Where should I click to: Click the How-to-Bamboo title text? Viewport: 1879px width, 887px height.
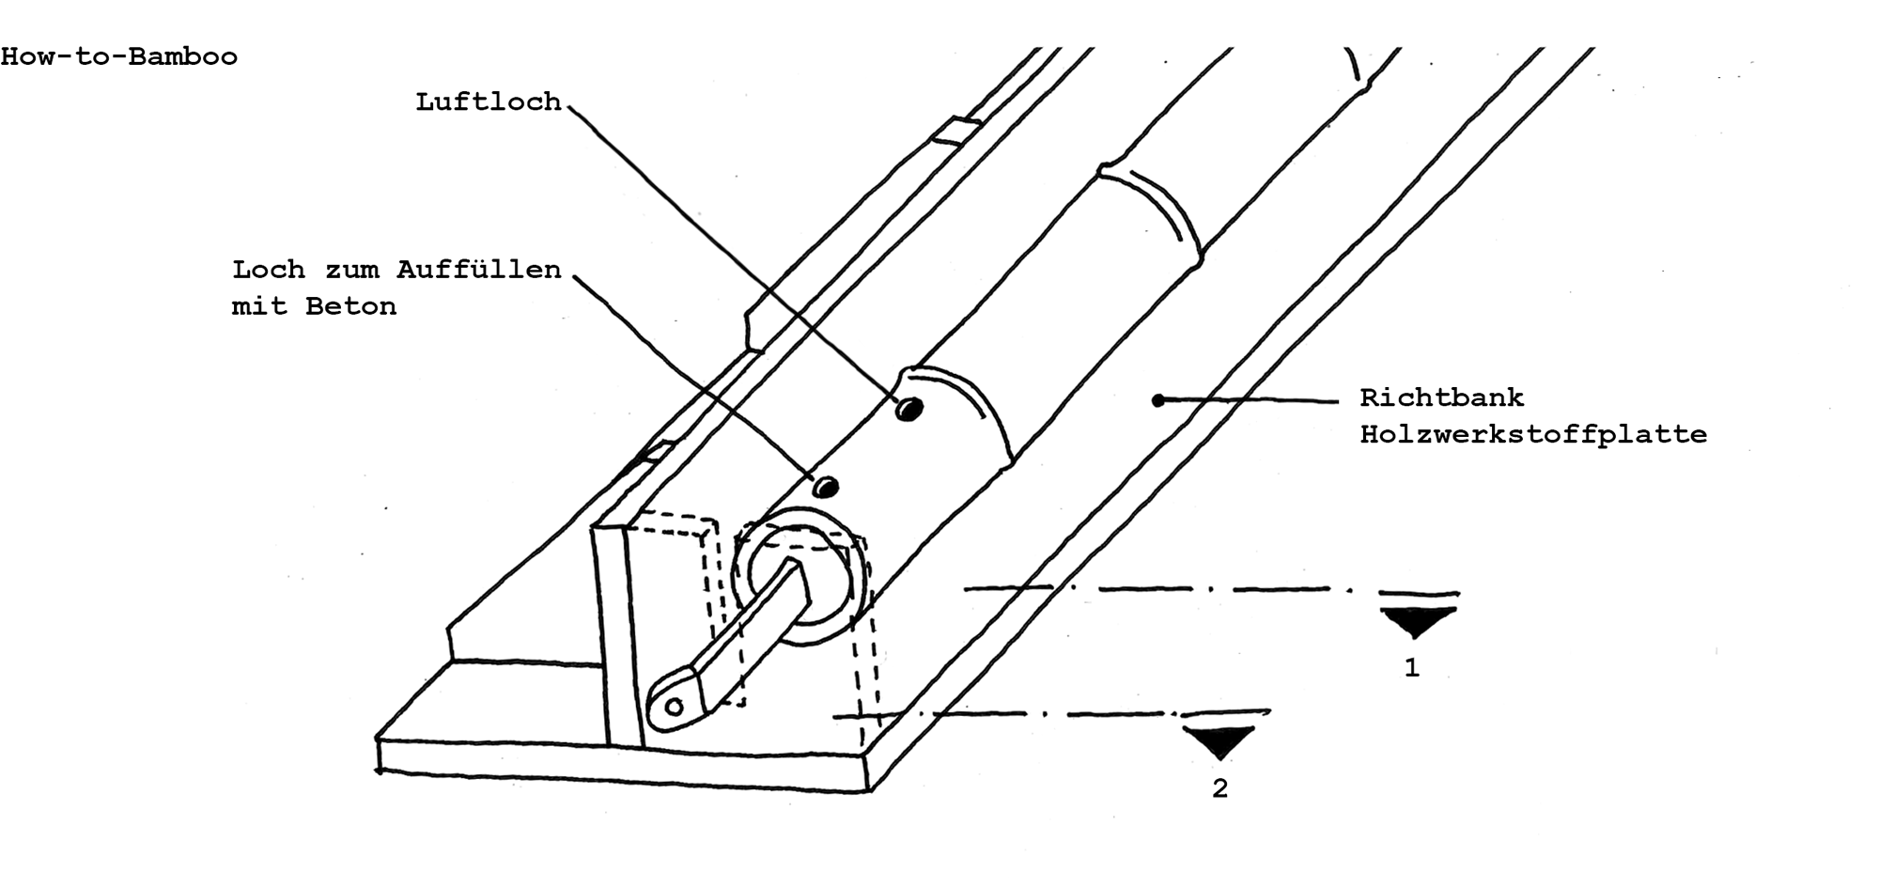coord(118,57)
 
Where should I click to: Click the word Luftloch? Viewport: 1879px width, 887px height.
coord(489,101)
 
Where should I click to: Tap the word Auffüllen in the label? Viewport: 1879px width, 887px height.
coord(479,270)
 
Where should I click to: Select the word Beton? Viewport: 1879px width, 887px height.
coord(350,306)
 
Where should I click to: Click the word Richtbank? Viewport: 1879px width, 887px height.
coord(1442,397)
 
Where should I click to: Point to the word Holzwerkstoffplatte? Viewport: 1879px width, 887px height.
coord(1533,435)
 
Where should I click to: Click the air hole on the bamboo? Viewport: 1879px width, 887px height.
coord(908,409)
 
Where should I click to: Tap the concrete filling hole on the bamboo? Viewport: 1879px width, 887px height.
coord(825,487)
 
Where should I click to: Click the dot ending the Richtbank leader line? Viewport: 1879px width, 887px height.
coord(1158,400)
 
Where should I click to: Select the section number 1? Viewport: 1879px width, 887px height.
coord(1411,668)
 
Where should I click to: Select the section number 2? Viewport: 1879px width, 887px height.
coord(1219,789)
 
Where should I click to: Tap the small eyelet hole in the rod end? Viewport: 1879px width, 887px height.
coord(673,705)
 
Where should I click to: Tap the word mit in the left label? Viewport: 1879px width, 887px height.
coord(259,306)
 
